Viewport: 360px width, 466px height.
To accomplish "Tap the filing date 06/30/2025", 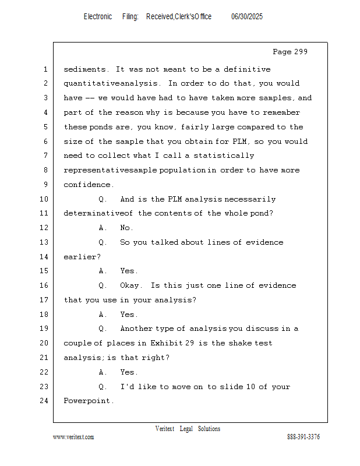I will click(x=247, y=17).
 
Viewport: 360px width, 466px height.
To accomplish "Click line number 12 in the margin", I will click(x=45, y=228).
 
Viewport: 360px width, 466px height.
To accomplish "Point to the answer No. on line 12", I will click(x=126, y=228).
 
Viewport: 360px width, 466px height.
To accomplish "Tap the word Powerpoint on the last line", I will click(x=89, y=401).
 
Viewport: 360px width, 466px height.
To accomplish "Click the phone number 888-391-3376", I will click(x=303, y=437).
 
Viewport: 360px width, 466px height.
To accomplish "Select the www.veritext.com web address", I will click(x=73, y=437).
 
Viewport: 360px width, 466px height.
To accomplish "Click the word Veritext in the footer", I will click(x=165, y=429).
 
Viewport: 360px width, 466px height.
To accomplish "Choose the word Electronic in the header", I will click(x=98, y=17).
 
